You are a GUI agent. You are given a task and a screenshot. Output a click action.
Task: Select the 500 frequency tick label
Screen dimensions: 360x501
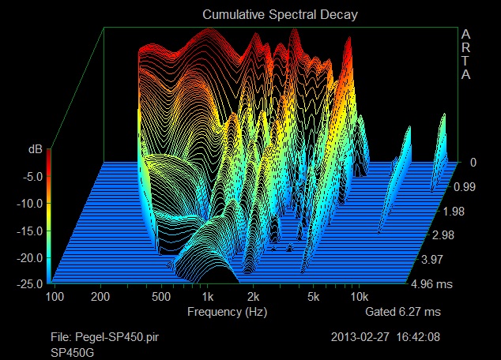tap(161, 297)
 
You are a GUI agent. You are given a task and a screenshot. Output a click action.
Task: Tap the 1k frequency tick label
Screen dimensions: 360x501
tap(208, 297)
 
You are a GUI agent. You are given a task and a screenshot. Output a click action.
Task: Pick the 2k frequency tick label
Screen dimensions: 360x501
tap(254, 297)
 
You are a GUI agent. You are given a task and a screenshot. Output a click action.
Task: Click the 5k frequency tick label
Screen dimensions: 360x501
tap(314, 297)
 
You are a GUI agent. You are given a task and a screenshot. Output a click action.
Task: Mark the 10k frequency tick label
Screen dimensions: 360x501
tap(360, 297)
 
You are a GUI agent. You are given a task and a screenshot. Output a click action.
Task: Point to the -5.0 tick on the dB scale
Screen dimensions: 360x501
tap(32, 177)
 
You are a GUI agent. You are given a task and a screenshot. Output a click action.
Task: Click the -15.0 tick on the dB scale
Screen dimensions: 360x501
tap(29, 231)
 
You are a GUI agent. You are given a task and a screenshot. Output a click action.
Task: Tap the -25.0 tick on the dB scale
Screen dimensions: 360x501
tap(29, 283)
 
